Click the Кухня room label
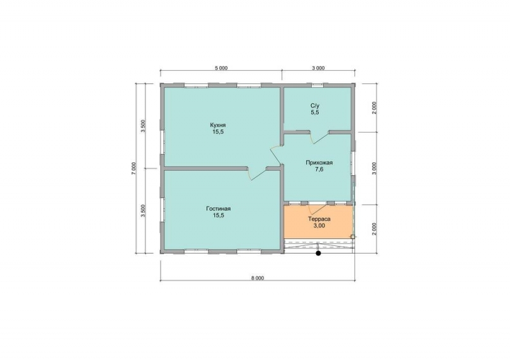click(218, 125)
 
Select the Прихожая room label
click(319, 162)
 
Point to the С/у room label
click(315, 106)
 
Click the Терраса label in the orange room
click(319, 219)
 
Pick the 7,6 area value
click(319, 169)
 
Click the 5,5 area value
click(315, 113)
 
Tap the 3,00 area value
click(319, 226)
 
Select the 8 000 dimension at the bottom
click(258, 278)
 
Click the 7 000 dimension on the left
click(133, 168)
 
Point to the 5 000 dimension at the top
click(221, 68)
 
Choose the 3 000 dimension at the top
click(318, 68)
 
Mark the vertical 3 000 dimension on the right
click(374, 168)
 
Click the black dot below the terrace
click(318, 253)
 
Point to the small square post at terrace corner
click(353, 237)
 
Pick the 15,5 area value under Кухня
click(218, 132)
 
